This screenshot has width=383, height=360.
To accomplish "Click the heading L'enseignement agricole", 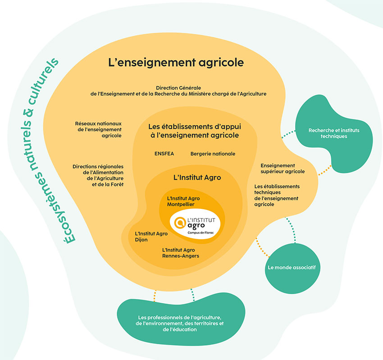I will (x=176, y=62).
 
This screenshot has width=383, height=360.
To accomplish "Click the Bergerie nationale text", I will (x=213, y=154).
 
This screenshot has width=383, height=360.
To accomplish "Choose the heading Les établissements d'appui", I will (x=193, y=131).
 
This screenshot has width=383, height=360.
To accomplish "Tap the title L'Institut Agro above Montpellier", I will (x=197, y=178).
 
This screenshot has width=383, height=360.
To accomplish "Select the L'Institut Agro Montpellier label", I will (x=183, y=201).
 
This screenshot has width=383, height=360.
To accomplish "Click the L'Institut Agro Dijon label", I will (x=151, y=237).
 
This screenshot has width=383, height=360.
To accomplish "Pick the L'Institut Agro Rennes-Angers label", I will (x=180, y=253).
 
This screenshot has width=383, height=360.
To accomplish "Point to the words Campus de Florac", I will (x=200, y=233).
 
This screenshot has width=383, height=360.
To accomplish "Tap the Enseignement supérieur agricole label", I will (x=283, y=168).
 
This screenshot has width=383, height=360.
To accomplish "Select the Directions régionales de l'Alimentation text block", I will (x=98, y=175).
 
